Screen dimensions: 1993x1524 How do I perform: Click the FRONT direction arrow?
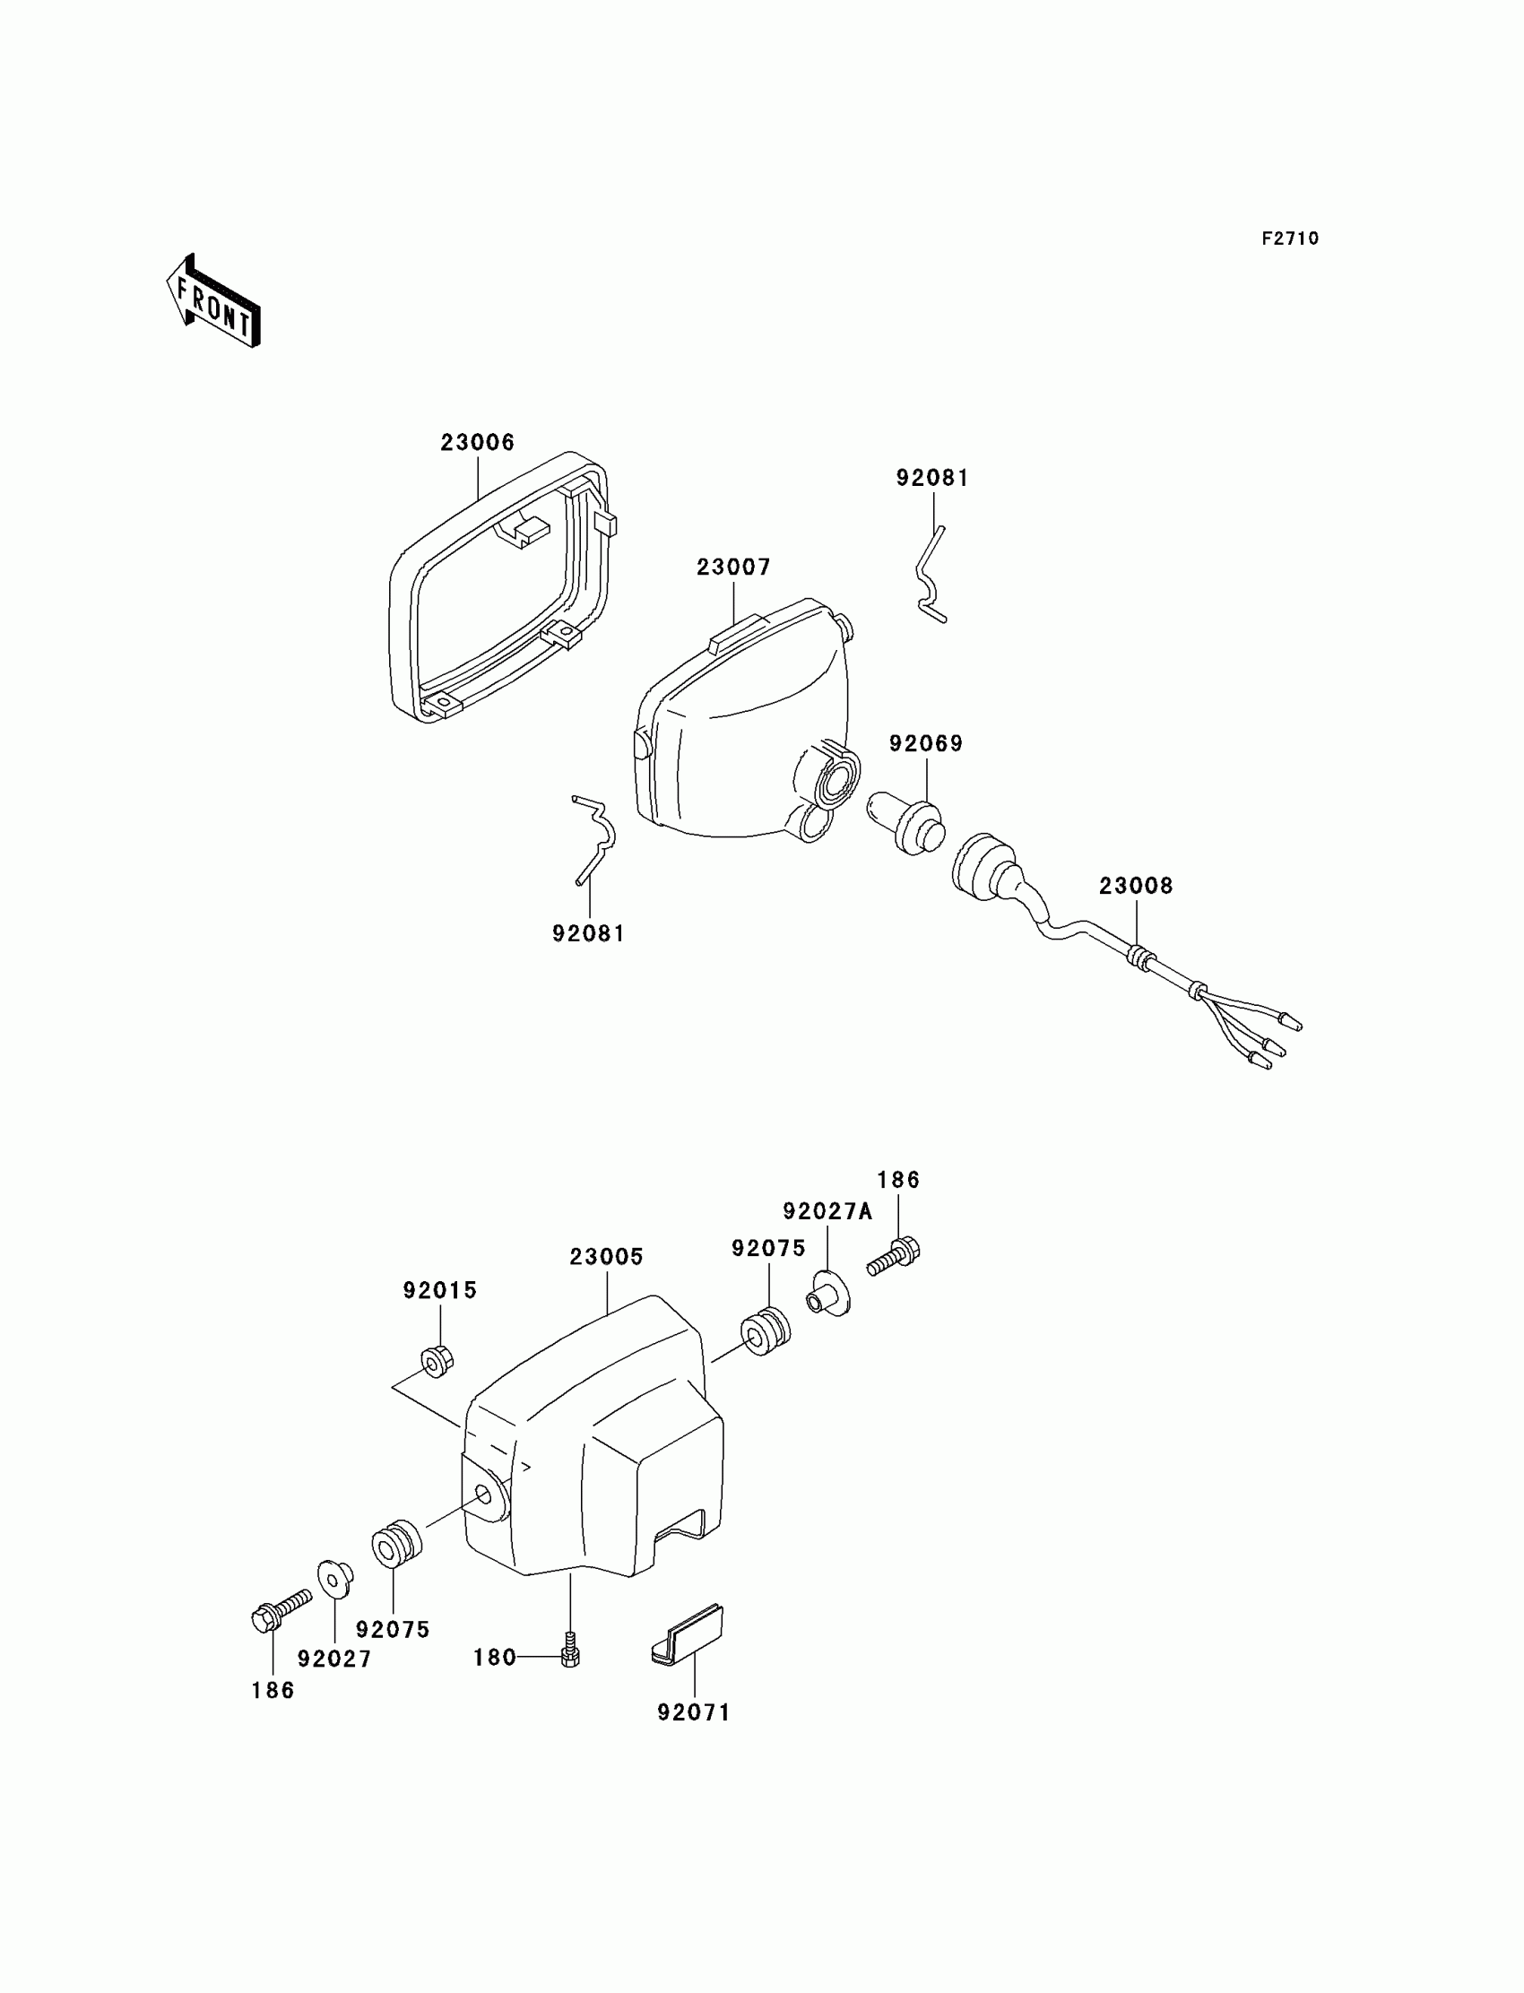pos(214,302)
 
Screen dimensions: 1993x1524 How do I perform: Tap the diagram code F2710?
pos(1290,238)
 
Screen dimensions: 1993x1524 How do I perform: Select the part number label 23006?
pos(477,443)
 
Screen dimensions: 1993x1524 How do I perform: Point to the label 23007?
pos(733,567)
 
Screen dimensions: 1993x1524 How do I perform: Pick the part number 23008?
pos(1136,886)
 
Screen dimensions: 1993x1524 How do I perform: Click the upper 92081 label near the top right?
pos(932,478)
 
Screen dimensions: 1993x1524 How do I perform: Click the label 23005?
pos(606,1256)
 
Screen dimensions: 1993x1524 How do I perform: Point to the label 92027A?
pos(827,1211)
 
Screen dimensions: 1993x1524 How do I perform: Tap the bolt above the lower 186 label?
pos(279,1613)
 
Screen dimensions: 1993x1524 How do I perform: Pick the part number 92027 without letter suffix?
pos(333,1659)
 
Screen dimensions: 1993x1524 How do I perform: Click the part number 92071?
pos(693,1712)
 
